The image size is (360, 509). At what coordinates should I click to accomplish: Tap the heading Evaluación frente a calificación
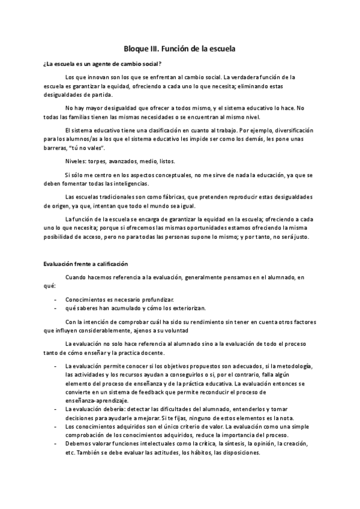pos(85,264)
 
